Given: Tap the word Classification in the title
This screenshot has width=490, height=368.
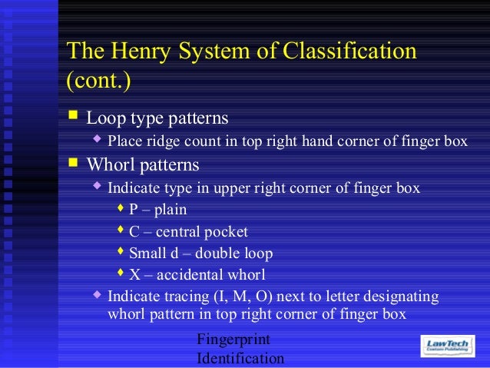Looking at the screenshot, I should pos(349,51).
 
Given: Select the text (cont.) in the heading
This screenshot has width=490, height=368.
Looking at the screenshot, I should pos(98,80).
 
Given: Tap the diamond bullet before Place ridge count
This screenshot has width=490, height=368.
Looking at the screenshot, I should pos(97,141).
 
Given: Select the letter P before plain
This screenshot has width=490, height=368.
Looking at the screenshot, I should pos(134,209).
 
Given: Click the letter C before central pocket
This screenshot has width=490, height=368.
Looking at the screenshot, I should pos(134,231).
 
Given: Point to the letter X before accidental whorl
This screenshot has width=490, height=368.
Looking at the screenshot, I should pos(134,275).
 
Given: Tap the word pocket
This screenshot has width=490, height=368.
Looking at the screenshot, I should pos(227,231).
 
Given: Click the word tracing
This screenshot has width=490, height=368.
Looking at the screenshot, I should pos(186,297).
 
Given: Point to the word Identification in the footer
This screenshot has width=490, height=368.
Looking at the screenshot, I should pos(240,358).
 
